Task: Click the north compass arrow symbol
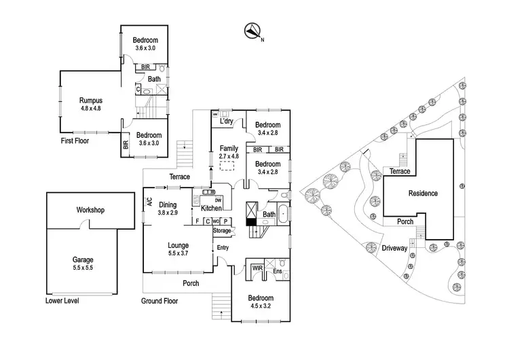(x=252, y=30)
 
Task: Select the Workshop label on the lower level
(x=90, y=210)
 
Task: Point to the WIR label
(x=257, y=268)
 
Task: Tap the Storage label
(x=222, y=232)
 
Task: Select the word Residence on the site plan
(x=423, y=193)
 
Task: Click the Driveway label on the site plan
(x=394, y=248)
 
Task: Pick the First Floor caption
(x=74, y=141)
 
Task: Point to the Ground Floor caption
(x=160, y=300)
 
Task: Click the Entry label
(x=223, y=247)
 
